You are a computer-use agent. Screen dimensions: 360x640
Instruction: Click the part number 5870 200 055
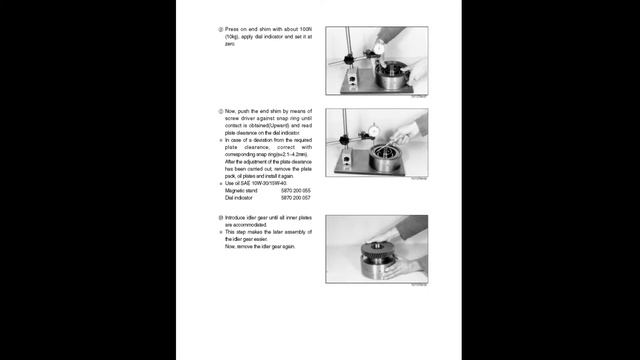pyautogui.click(x=293, y=190)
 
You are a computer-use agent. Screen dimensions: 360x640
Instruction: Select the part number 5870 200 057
pyautogui.click(x=293, y=197)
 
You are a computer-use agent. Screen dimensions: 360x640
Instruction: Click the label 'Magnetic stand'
pyautogui.click(x=240, y=190)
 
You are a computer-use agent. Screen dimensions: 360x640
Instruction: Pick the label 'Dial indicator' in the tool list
pyautogui.click(x=238, y=197)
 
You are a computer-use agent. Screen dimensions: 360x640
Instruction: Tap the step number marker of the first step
pyautogui.click(x=220, y=30)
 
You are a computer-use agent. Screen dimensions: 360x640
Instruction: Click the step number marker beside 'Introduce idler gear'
pyautogui.click(x=220, y=217)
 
